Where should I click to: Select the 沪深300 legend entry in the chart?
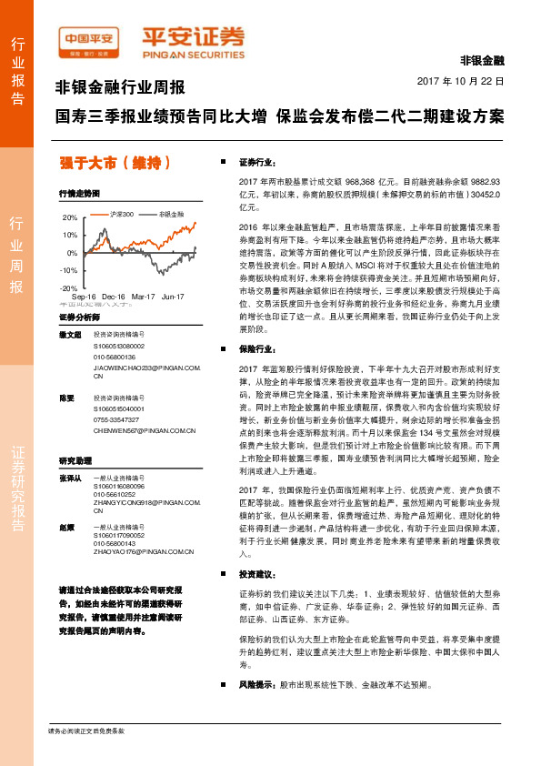(121, 214)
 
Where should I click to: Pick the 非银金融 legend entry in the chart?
(170, 214)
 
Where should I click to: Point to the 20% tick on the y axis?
(70, 218)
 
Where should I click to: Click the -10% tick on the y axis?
(68, 270)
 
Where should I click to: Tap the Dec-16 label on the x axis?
(114, 297)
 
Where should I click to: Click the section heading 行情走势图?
(78, 194)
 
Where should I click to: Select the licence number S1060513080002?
(118, 347)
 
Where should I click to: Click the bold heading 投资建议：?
(256, 574)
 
